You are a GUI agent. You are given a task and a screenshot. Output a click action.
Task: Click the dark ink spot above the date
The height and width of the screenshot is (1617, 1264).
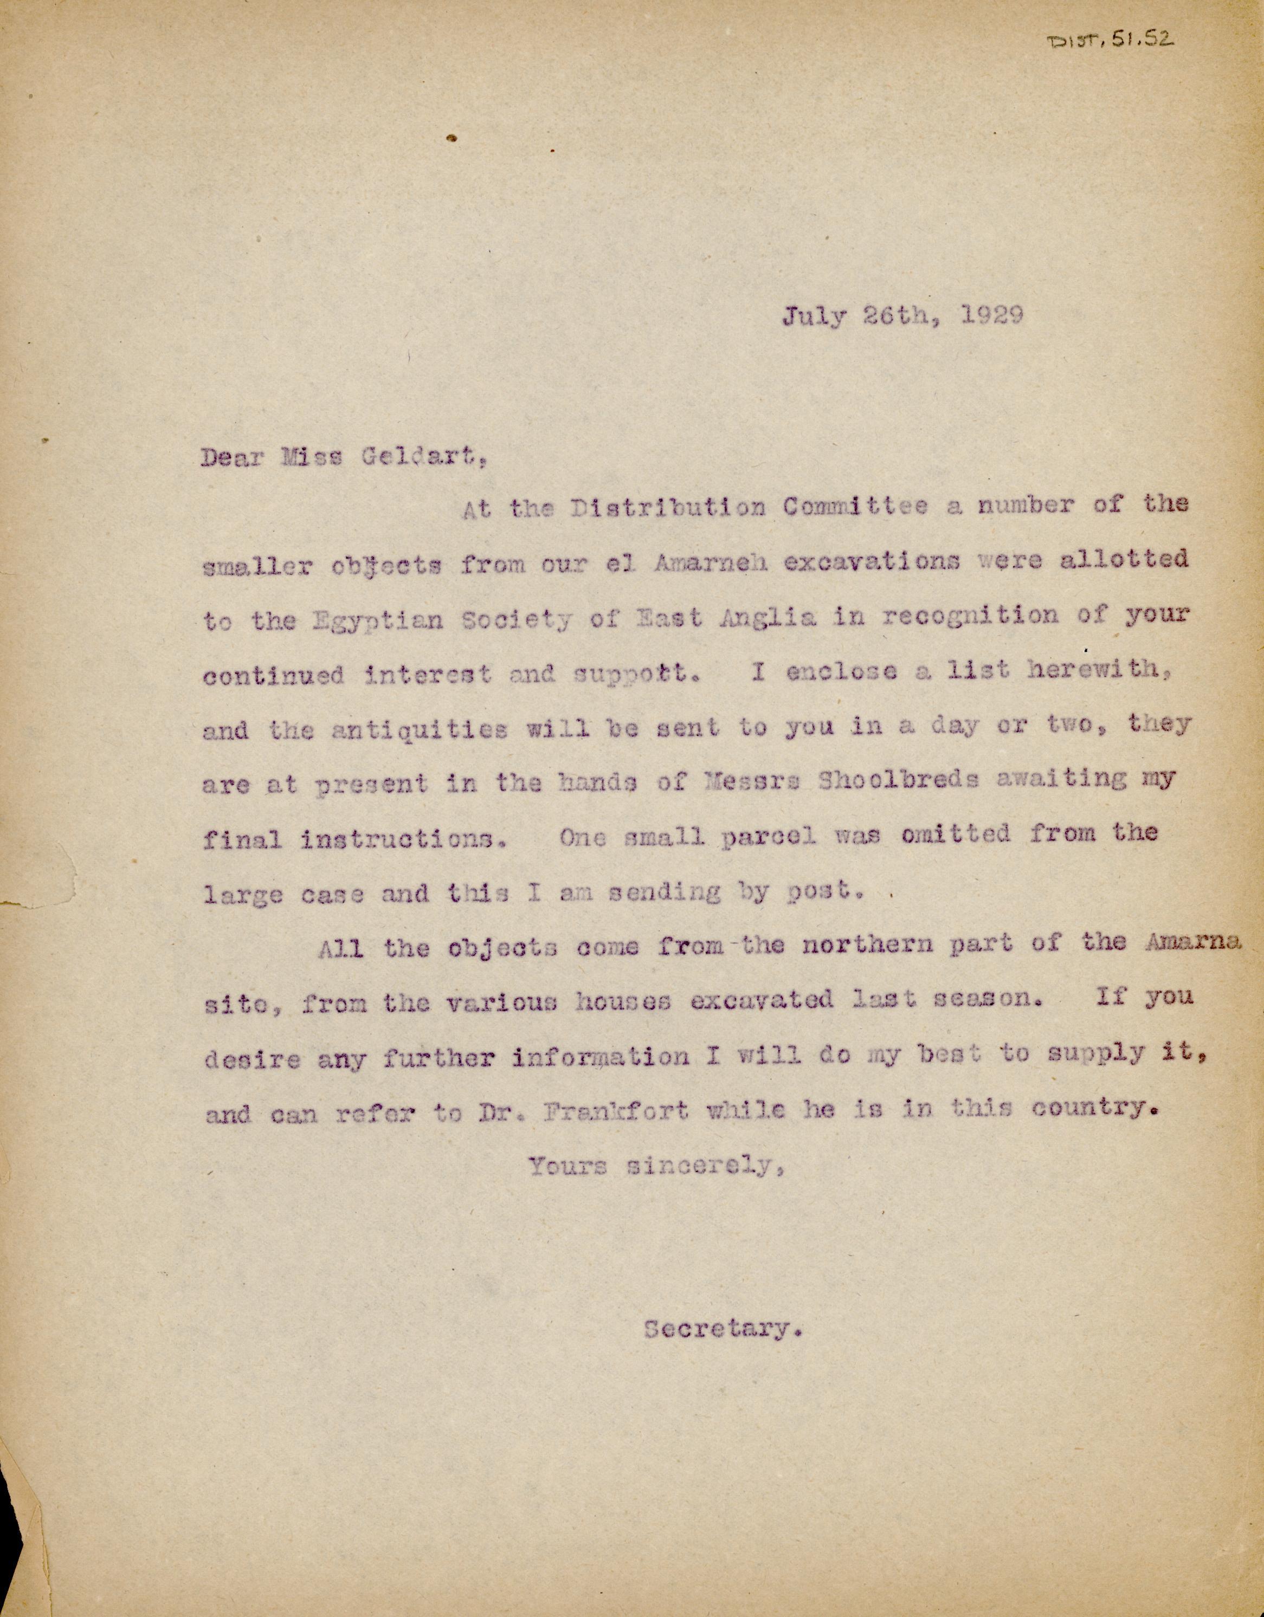[x=451, y=137]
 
